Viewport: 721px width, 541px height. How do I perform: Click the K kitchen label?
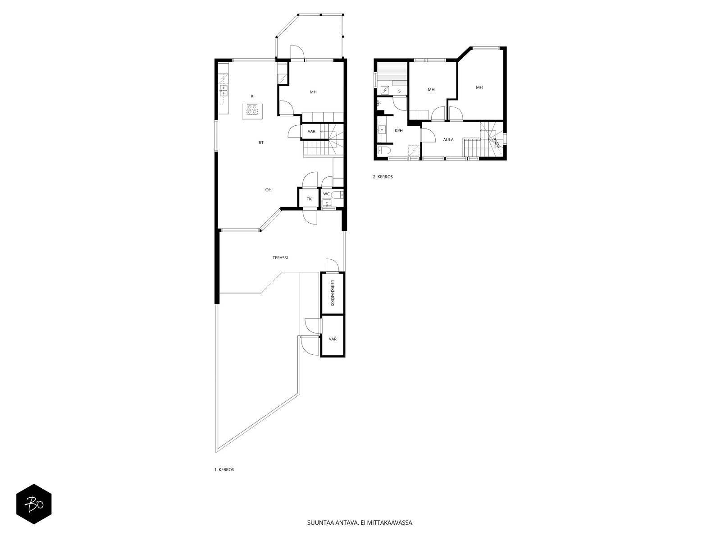pos(252,96)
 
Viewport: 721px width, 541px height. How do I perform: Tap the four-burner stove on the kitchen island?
pos(252,109)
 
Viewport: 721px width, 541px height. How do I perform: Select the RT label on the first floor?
pos(261,142)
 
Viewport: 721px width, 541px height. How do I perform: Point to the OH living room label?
pos(269,190)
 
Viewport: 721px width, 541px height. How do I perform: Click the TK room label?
pos(309,199)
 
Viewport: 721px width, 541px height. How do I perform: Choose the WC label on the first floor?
pos(326,194)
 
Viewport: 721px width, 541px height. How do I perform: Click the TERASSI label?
pos(280,258)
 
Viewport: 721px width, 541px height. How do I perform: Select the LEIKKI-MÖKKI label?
pos(332,293)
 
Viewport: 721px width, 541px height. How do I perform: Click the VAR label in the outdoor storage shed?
pos(333,339)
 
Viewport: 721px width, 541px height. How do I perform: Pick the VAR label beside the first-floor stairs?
pos(311,131)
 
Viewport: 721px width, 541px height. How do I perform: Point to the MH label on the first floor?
pos(313,92)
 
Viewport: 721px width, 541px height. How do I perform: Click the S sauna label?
pos(399,92)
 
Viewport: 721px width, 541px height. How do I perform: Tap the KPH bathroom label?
pos(398,130)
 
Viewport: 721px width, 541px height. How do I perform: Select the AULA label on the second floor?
pos(448,140)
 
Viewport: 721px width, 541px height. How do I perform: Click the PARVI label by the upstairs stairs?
pos(496,143)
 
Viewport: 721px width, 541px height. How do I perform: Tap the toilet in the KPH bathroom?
pos(383,151)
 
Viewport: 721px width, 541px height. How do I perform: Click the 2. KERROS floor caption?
pos(383,177)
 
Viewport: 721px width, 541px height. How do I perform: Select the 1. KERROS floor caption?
pos(224,470)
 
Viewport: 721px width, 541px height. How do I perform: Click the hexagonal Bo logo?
pos(34,504)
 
